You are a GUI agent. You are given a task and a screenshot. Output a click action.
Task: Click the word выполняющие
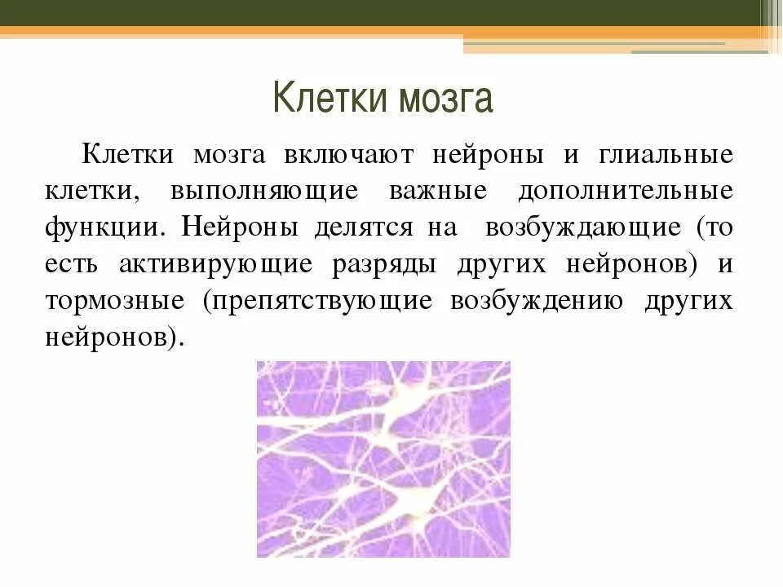point(264,192)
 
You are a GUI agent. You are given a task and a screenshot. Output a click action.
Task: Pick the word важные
point(438,192)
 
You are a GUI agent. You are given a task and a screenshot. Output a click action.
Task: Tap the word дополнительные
point(625,192)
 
